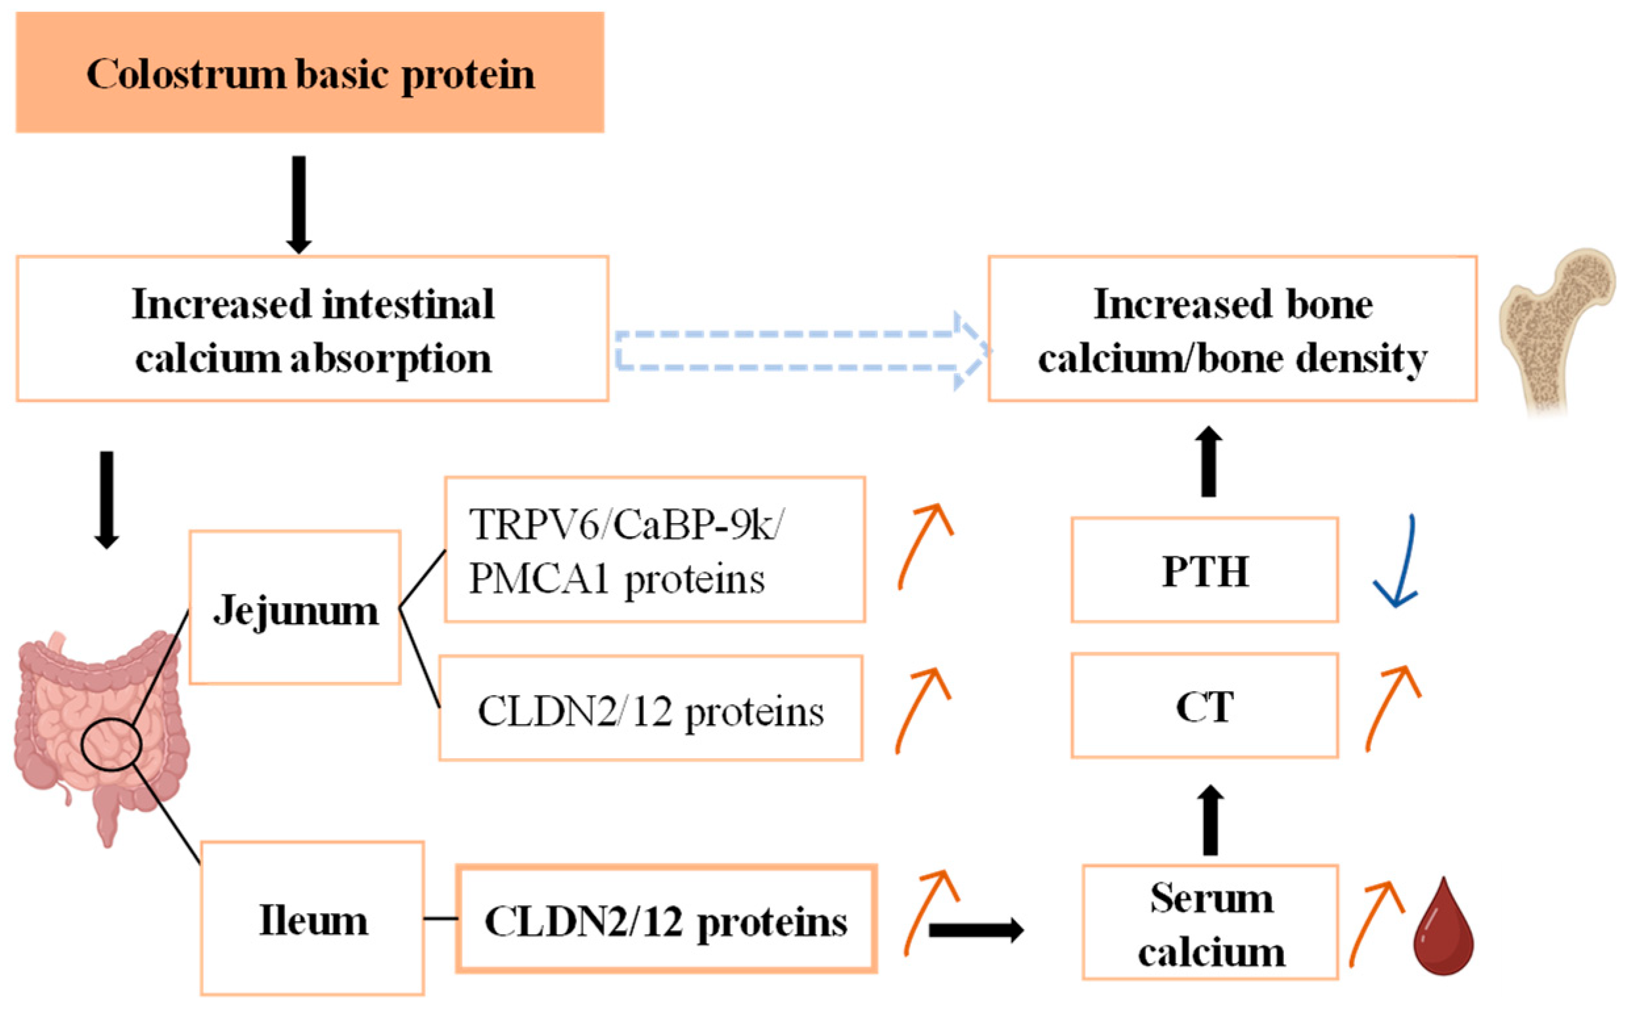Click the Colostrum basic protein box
[x=309, y=72]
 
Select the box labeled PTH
[x=1204, y=570]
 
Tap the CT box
[x=1204, y=706]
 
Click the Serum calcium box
[x=1210, y=922]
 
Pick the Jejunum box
[x=295, y=608]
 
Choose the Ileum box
[x=312, y=918]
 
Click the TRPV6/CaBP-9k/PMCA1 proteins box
[x=654, y=549]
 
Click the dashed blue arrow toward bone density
[x=798, y=350]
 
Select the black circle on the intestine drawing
[x=111, y=744]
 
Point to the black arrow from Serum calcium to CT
[x=1210, y=821]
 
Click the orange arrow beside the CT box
[x=1392, y=707]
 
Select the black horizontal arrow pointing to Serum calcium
[x=975, y=930]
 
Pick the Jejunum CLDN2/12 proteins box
[x=650, y=708]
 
